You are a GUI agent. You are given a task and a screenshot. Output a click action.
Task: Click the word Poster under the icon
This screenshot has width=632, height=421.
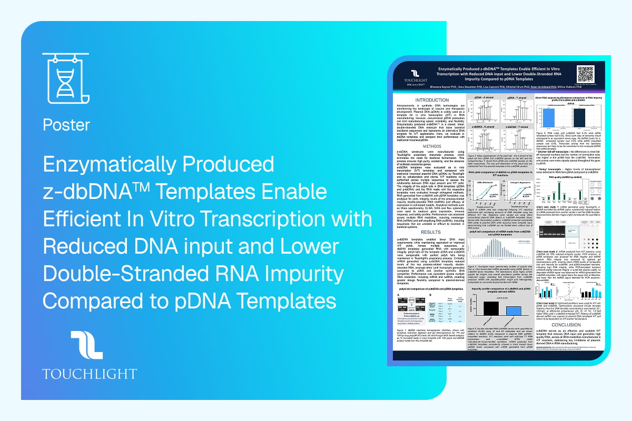tap(66, 125)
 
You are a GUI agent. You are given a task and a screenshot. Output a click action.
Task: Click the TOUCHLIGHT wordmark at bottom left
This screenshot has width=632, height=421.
tap(89, 374)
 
